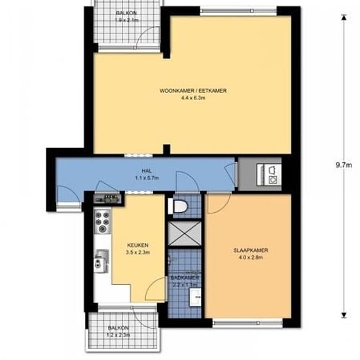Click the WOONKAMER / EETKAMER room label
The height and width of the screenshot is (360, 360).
(x=192, y=90)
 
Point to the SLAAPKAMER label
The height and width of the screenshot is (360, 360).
(x=250, y=250)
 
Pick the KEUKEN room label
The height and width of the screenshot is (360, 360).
(x=137, y=245)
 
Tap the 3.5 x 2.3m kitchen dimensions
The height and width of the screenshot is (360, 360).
(x=137, y=253)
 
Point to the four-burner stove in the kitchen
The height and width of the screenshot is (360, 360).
(x=103, y=222)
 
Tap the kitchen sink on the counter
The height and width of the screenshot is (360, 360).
(x=99, y=262)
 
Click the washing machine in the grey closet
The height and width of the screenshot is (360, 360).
(x=270, y=173)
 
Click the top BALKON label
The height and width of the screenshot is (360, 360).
(x=126, y=13)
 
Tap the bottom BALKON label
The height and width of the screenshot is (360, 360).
(x=119, y=327)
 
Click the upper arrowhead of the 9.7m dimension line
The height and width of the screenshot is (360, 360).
(x=342, y=18)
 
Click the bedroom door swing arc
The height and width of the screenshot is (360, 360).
(x=216, y=206)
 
